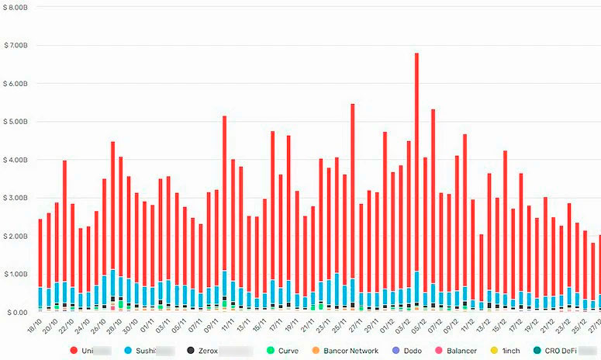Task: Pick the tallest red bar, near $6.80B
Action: tap(416, 178)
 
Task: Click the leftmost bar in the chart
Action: tap(40, 264)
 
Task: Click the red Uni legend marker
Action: tap(74, 351)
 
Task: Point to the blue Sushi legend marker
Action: tap(129, 351)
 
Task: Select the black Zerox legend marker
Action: tap(191, 351)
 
